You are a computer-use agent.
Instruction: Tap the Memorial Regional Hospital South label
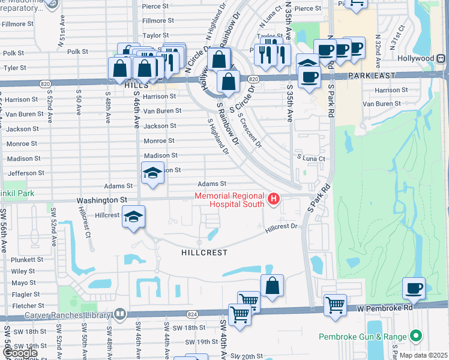[x=229, y=200]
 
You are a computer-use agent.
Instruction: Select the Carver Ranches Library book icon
[x=121, y=314]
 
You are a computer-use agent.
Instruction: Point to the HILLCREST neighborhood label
[x=204, y=253]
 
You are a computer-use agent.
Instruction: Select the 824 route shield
[x=191, y=314]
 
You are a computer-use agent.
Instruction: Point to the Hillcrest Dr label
[x=282, y=227]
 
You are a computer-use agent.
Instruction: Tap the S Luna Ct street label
[x=311, y=158]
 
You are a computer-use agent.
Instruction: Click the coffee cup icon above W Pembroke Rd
[x=414, y=288]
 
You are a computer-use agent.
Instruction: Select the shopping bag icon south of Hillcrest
[x=272, y=286]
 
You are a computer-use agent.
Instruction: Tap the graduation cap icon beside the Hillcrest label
[x=133, y=216]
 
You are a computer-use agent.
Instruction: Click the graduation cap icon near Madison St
[x=152, y=173]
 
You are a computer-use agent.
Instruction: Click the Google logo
[x=20, y=353]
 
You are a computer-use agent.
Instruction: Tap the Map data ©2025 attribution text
[x=423, y=355]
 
